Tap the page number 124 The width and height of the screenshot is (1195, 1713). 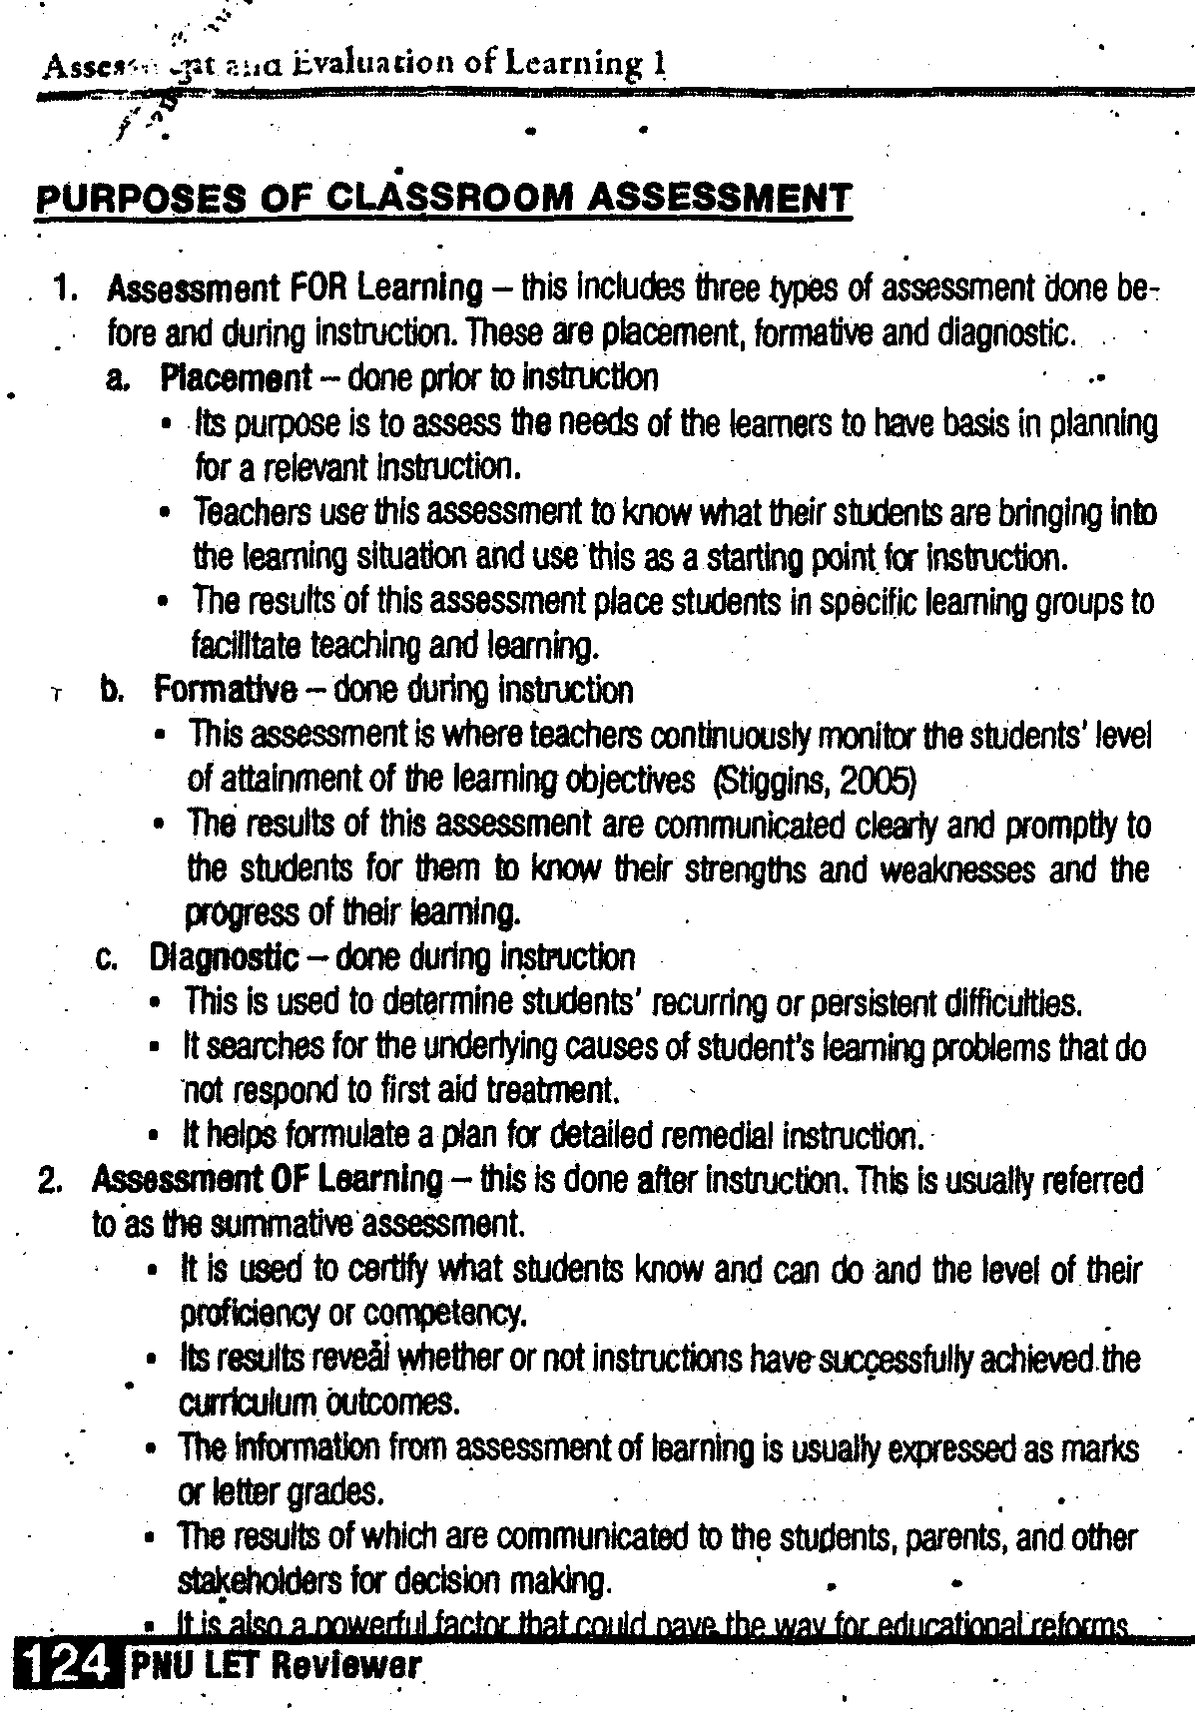(x=61, y=1664)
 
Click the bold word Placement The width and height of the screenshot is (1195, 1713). (x=236, y=377)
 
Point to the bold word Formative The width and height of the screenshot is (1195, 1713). (x=226, y=690)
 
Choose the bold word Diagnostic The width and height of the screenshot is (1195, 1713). (x=224, y=958)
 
